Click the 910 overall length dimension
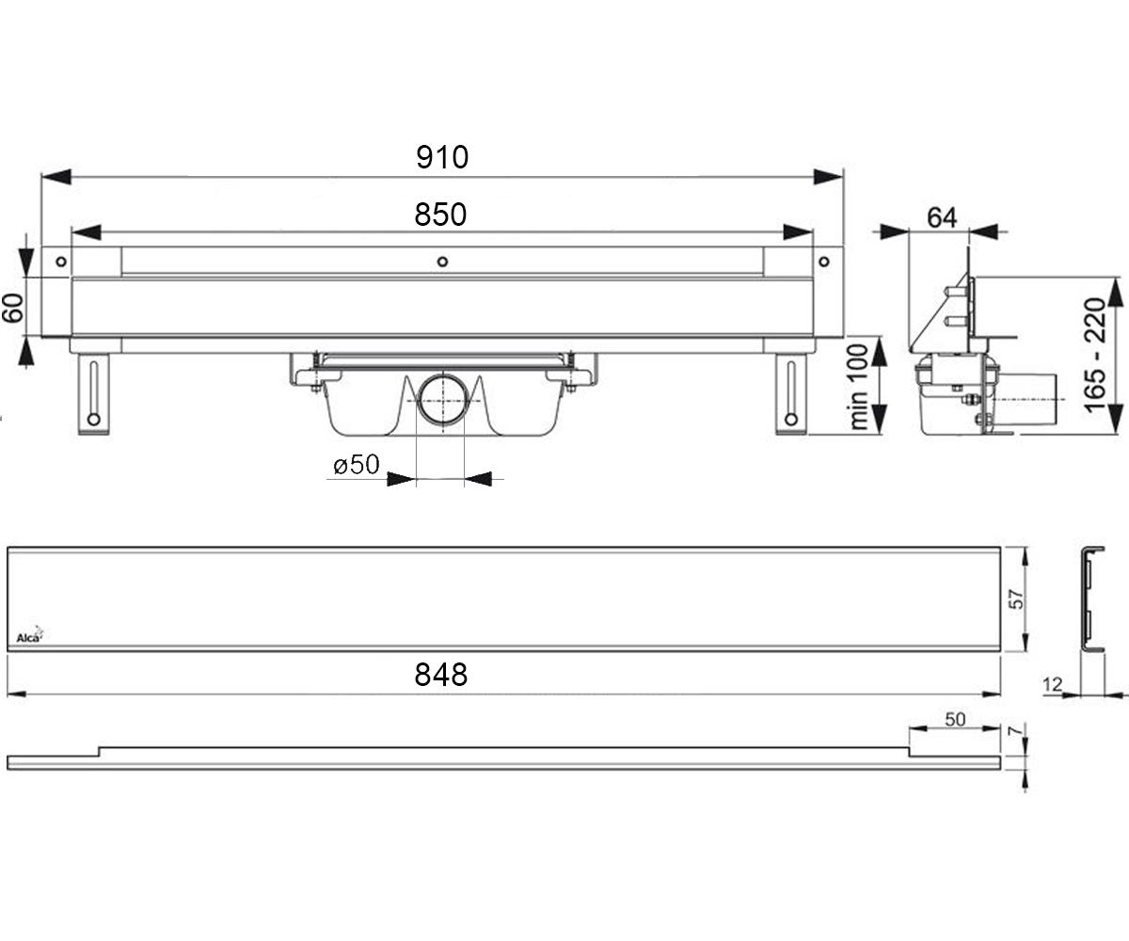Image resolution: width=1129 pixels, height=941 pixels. point(442,157)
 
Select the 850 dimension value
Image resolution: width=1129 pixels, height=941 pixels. point(440,215)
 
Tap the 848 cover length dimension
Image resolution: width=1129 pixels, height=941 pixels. point(440,675)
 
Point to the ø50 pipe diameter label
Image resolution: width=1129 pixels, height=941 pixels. point(357,465)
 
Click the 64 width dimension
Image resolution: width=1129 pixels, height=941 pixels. point(942,217)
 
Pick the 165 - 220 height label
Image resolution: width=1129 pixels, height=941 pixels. point(1095,356)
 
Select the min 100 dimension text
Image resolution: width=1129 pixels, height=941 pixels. point(859,387)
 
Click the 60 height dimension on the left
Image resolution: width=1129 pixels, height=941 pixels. point(13,308)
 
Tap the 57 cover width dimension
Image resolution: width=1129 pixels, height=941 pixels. point(1016,599)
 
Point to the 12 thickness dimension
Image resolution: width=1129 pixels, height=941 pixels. point(1052,685)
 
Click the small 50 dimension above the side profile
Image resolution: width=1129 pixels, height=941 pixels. point(955,719)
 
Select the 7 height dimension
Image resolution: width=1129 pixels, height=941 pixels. point(1016,730)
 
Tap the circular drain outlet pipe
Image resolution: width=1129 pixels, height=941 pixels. point(443,401)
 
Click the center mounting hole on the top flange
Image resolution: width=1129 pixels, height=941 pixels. point(442,262)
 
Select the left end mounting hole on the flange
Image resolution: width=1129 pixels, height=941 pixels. point(61,262)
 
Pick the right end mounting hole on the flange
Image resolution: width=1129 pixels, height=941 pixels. point(823,262)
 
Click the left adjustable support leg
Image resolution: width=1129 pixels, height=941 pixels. point(93,393)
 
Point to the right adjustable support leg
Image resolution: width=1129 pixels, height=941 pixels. point(791,393)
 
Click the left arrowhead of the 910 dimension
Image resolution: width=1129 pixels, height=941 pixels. point(56,177)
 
